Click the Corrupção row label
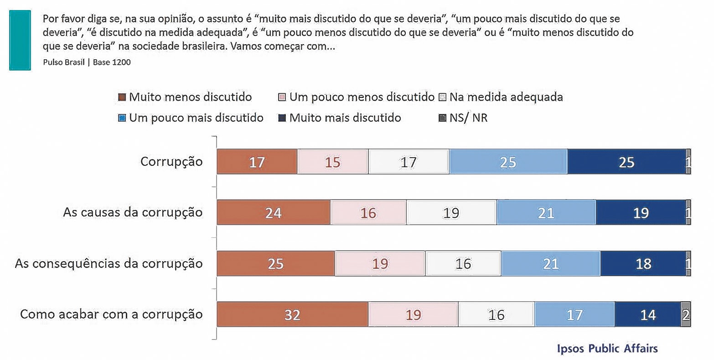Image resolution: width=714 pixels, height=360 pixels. point(171,162)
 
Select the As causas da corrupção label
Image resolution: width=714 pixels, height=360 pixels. point(133,212)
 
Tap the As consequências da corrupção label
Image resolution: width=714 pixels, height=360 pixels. point(109,263)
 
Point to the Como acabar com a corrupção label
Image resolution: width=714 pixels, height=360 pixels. point(111,314)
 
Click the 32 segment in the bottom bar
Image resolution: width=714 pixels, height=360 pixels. point(292,314)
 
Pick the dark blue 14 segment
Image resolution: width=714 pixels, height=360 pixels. point(647,314)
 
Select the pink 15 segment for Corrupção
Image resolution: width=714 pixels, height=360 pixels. point(332,162)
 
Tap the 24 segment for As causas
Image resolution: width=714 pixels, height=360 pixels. point(274,212)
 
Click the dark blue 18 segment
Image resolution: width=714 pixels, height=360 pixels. point(643,263)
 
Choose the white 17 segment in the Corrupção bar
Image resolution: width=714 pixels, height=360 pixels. point(409,162)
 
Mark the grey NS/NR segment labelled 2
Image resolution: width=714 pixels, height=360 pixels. point(686,314)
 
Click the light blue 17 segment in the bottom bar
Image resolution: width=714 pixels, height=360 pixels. point(574,314)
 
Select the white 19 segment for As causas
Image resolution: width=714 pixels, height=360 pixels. point(451,212)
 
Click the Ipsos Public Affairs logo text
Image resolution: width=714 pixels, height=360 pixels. point(607,349)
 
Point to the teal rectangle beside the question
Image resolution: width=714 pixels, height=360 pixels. point(20,40)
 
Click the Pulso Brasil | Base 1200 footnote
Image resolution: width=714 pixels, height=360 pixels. point(87,62)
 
